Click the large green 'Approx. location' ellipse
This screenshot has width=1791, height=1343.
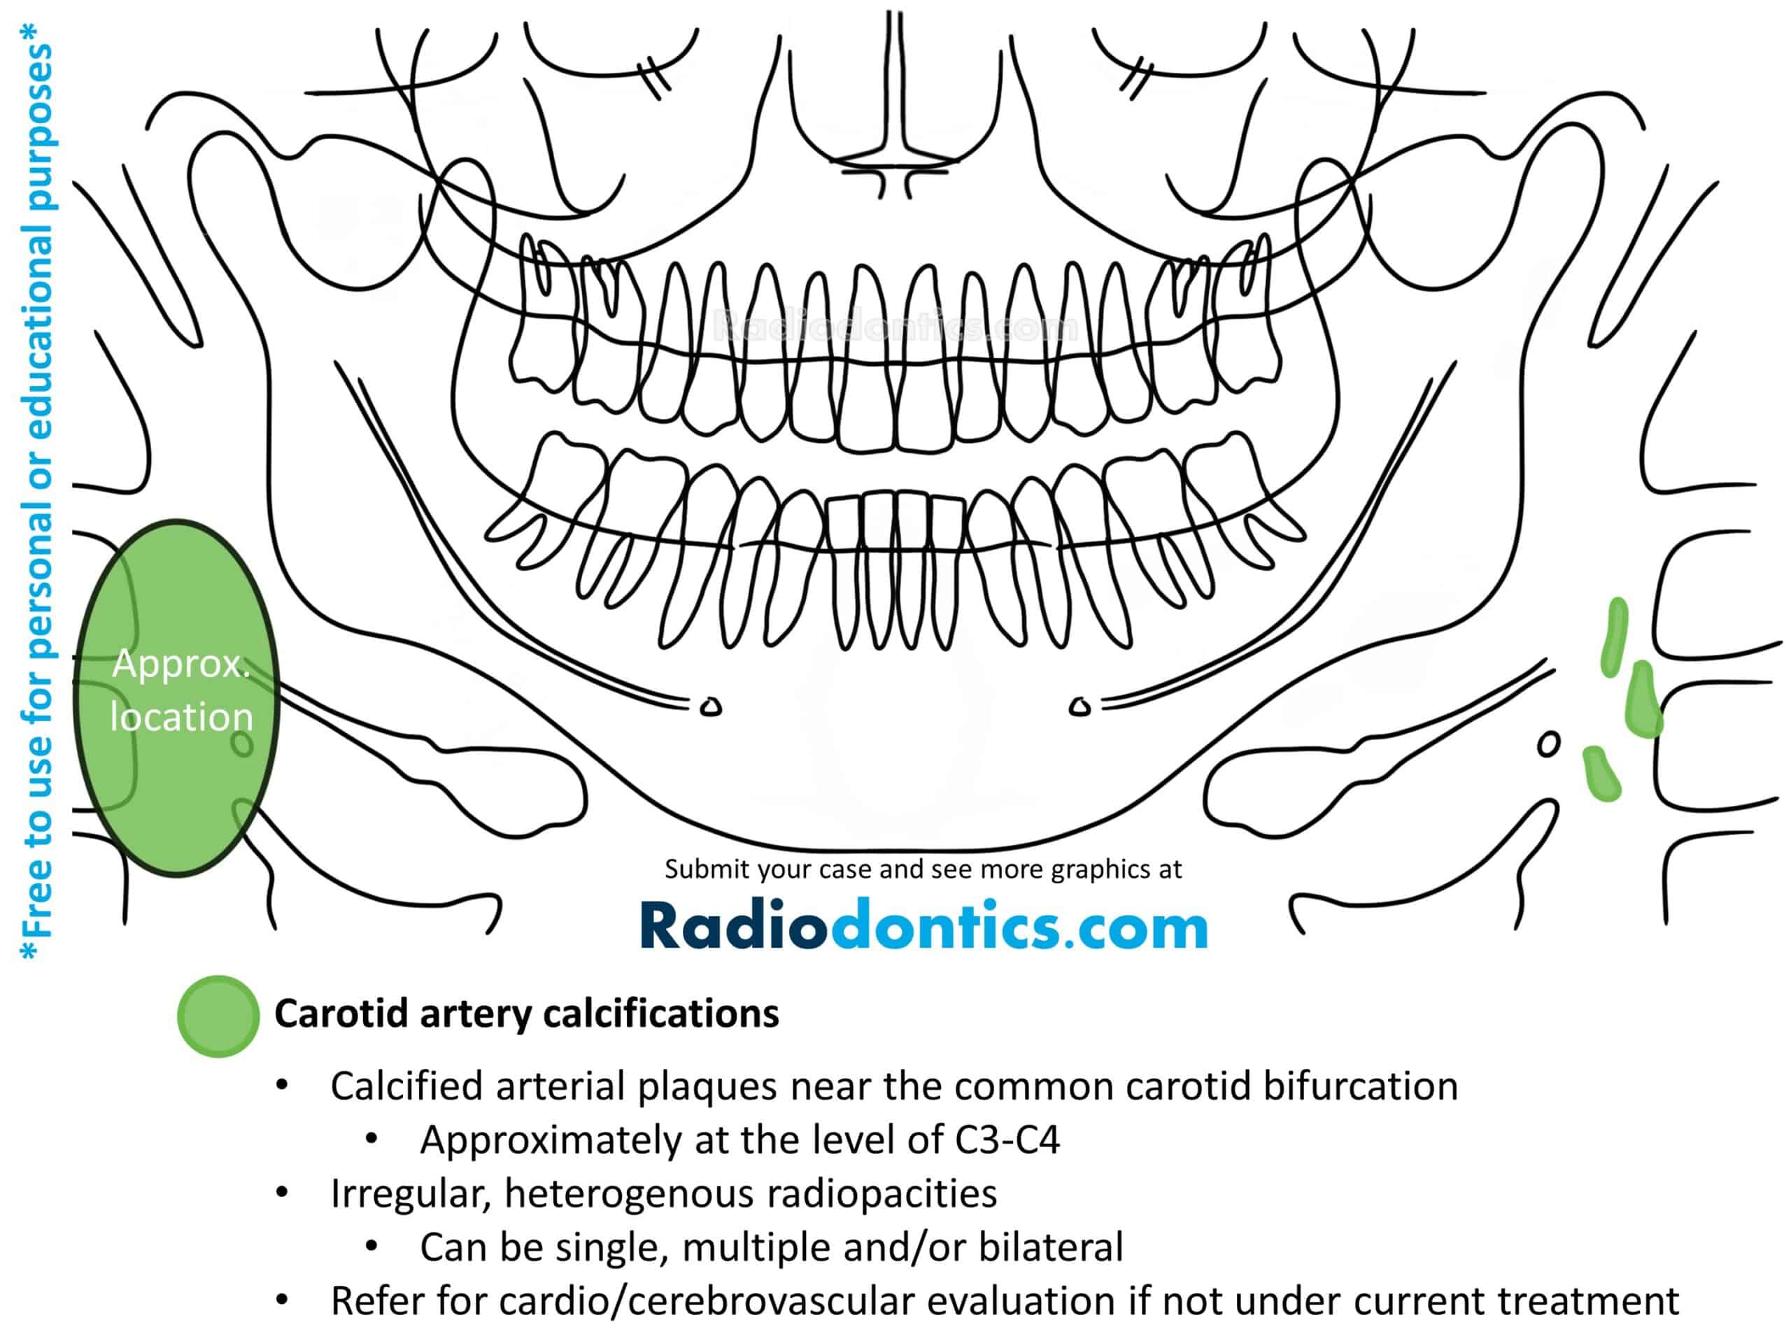176,698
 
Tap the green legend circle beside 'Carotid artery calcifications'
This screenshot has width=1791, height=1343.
218,1016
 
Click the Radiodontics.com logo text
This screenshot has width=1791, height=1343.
924,925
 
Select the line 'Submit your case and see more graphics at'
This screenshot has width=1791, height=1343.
923,869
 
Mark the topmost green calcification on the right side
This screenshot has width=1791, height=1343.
1614,637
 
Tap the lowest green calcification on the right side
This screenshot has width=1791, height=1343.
1601,774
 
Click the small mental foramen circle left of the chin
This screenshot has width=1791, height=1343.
711,706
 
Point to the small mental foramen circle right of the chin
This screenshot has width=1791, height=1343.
1079,706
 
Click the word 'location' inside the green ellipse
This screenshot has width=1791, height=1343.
181,717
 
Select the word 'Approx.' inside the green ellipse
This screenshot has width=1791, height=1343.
181,665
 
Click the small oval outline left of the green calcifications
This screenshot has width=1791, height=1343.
1548,744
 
